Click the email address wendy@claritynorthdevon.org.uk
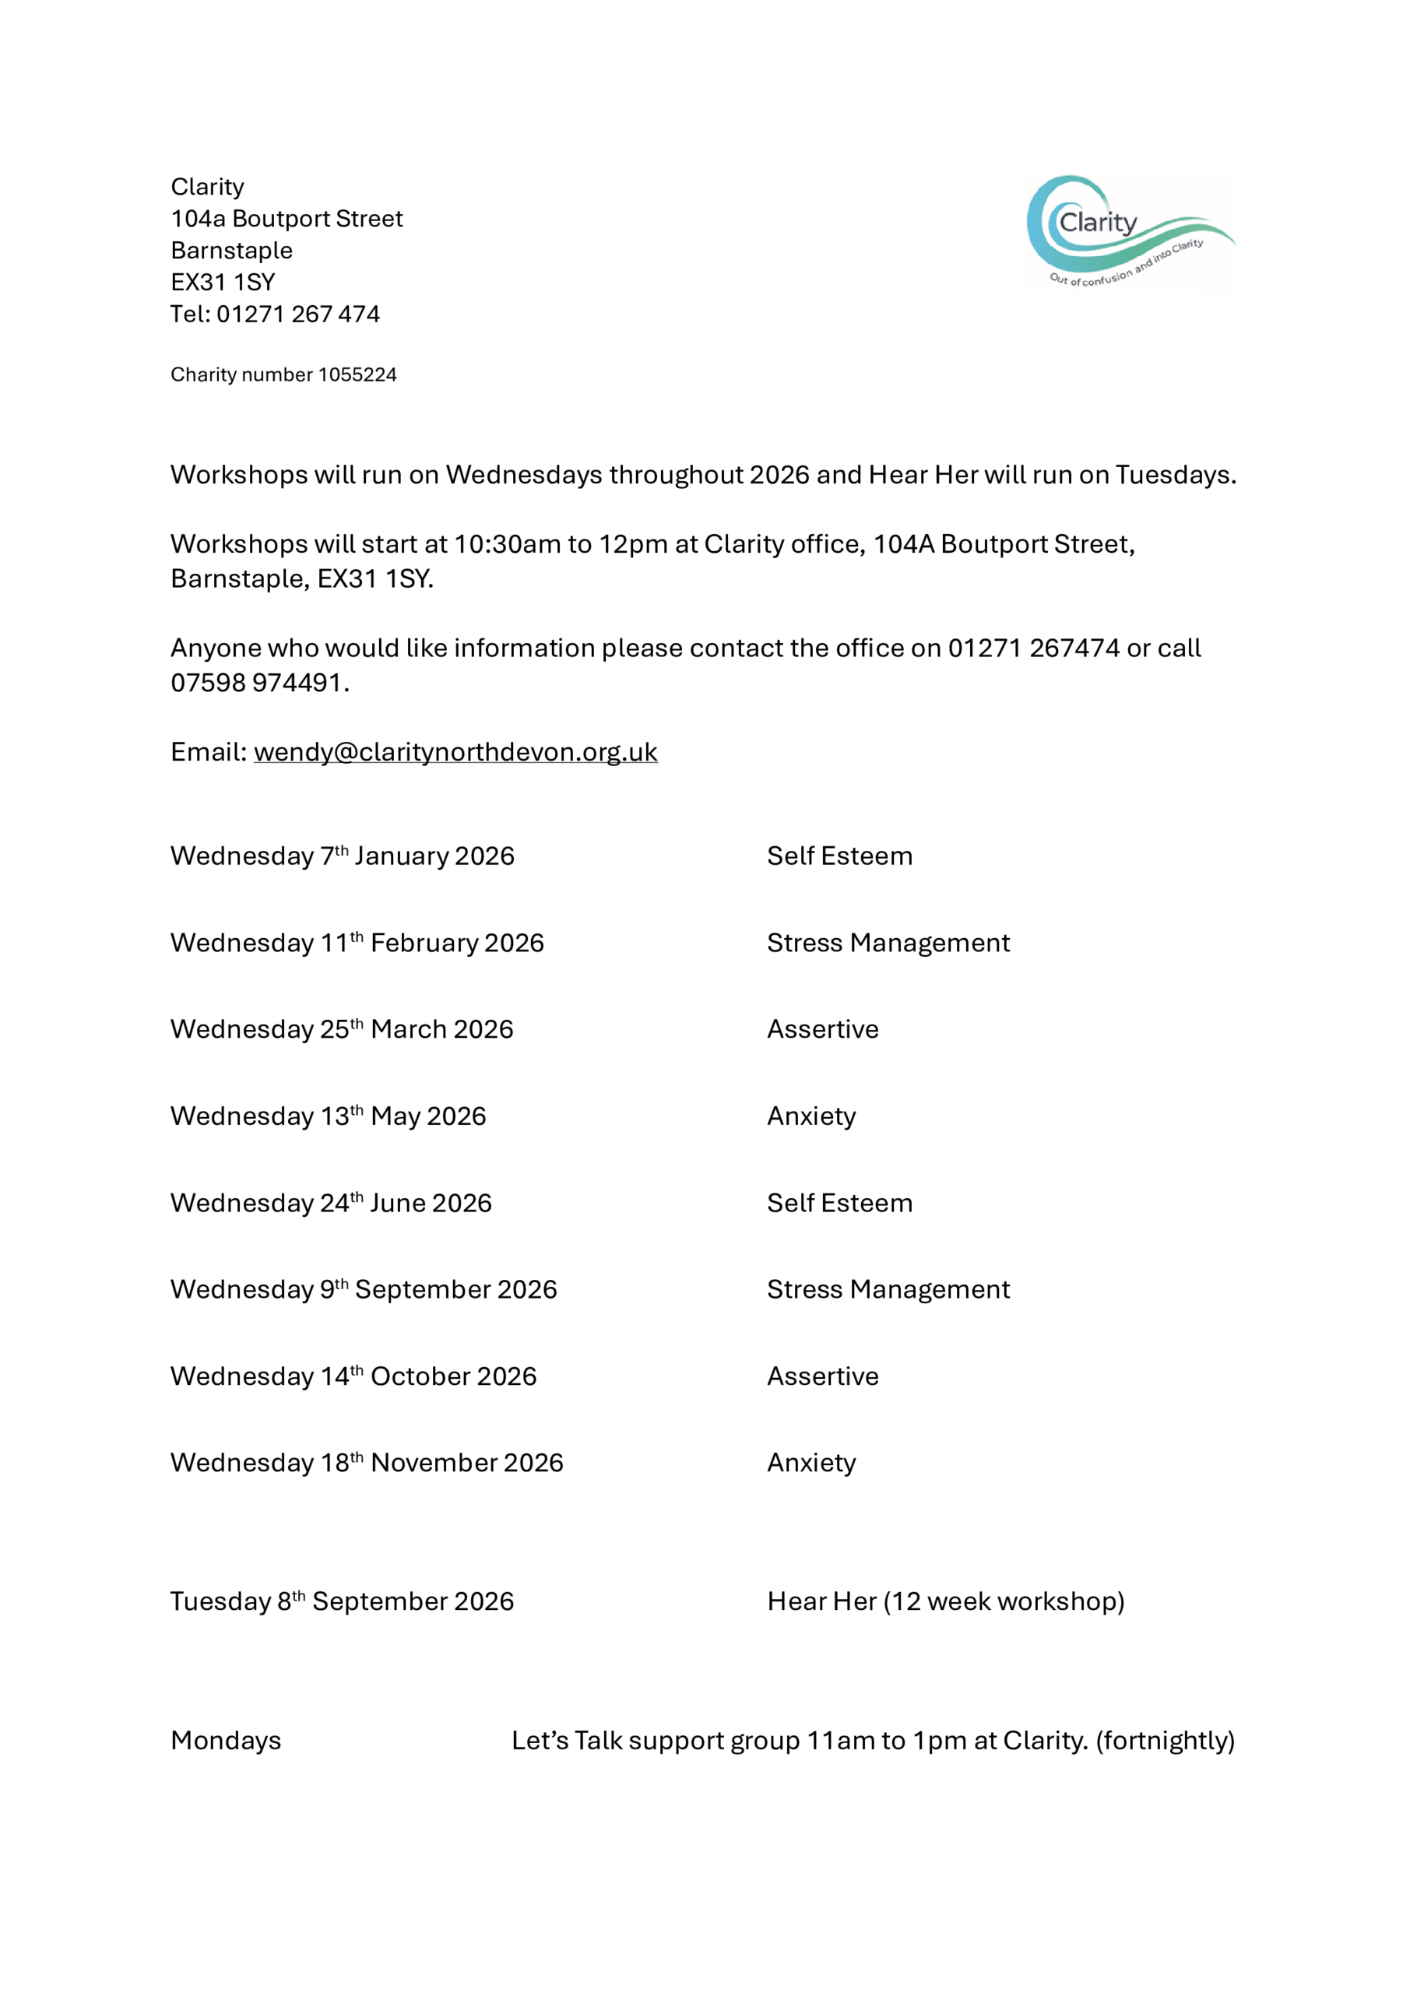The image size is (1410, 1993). [x=455, y=752]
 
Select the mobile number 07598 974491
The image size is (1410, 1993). [x=258, y=683]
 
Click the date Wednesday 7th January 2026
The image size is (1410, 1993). [x=342, y=856]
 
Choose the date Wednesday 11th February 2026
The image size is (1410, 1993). [x=357, y=943]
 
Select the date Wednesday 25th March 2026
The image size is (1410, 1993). [x=342, y=1029]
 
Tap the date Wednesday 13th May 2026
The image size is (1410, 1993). [x=329, y=1116]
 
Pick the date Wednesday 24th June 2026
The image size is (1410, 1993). [x=331, y=1203]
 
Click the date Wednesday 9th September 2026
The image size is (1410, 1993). [x=364, y=1290]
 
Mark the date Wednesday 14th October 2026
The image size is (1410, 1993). [x=353, y=1376]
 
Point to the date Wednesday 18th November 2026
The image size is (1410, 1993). [x=367, y=1464]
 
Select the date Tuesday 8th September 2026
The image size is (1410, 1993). [x=342, y=1601]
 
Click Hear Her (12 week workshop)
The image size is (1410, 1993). [x=945, y=1601]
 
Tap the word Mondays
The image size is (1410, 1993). [x=226, y=1741]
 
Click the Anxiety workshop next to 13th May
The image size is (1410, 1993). [x=811, y=1116]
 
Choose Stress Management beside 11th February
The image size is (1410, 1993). [x=888, y=943]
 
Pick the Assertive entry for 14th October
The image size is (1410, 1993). [x=822, y=1376]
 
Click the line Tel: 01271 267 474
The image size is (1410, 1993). [x=276, y=315]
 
